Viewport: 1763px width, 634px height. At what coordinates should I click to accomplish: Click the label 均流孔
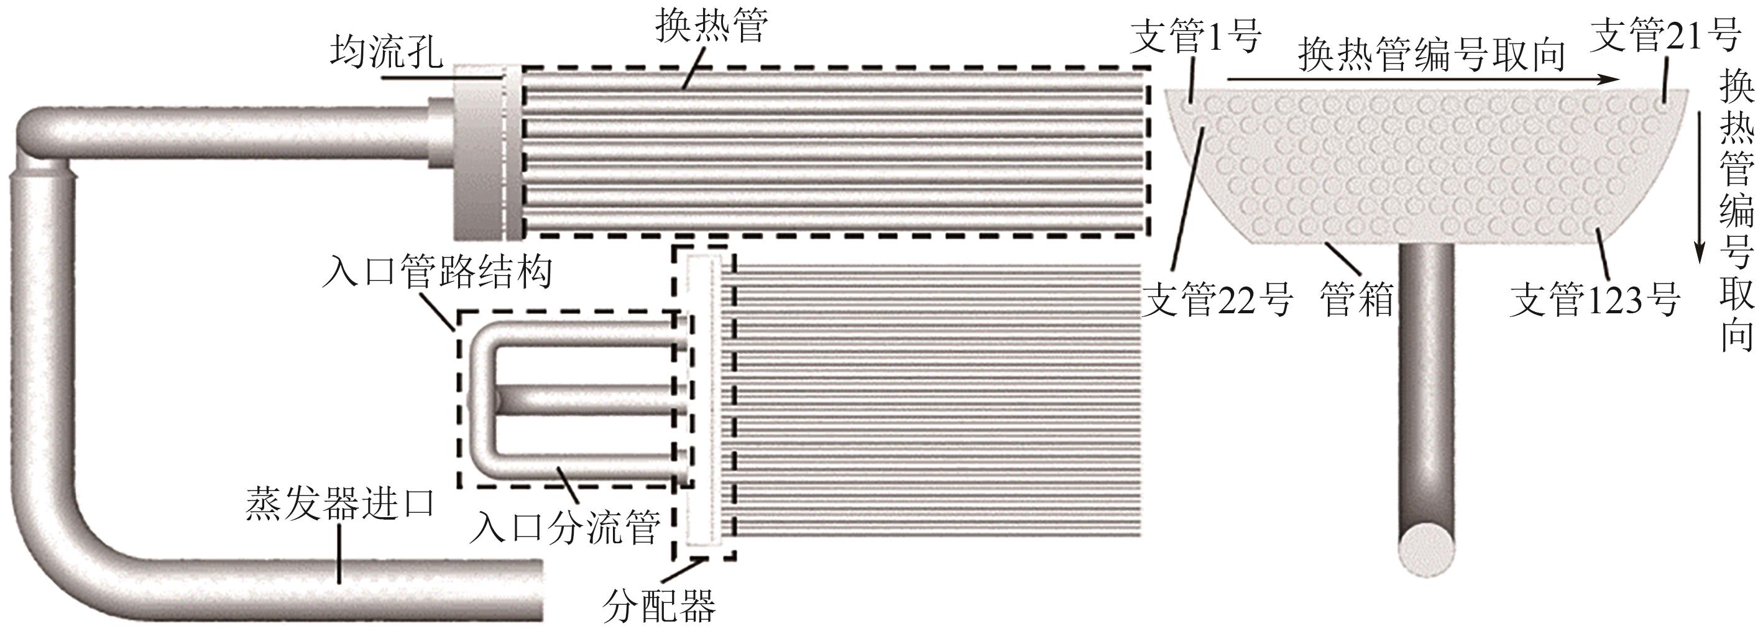click(387, 52)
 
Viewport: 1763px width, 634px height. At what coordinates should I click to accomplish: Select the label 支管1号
click(1195, 35)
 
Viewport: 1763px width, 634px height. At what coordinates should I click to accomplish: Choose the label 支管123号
click(1595, 300)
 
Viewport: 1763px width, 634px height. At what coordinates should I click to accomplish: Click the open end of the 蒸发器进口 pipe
click(537, 590)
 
